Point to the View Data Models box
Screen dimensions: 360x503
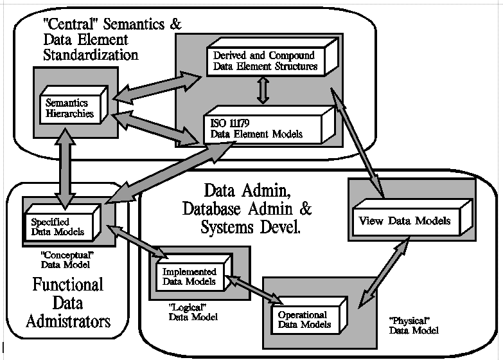pyautogui.click(x=407, y=222)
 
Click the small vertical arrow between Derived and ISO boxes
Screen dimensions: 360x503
pyautogui.click(x=261, y=91)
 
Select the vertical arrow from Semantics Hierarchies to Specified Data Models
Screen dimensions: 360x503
pyautogui.click(x=64, y=164)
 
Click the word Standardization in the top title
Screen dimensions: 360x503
pyautogui.click(x=90, y=55)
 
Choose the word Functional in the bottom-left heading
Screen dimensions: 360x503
pyautogui.click(x=67, y=283)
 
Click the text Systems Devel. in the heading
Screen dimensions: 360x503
pyautogui.click(x=250, y=227)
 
